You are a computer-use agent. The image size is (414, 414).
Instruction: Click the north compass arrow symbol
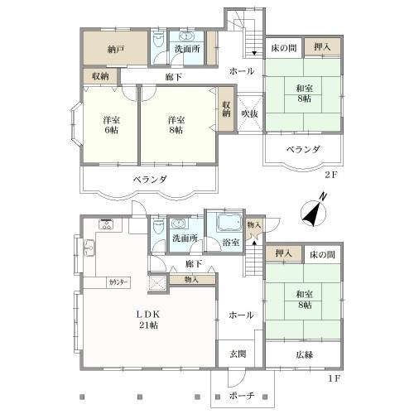coord(313,214)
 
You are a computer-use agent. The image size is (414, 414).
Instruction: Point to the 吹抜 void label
coord(248,113)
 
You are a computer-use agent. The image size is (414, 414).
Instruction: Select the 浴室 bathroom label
coord(231,243)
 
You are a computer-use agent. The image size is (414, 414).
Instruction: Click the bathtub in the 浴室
coord(226,224)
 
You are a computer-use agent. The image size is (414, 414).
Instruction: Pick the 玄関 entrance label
coord(238,354)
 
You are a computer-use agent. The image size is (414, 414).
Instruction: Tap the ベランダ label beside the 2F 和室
coord(303,149)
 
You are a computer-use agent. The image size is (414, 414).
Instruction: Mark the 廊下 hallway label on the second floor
coord(173,77)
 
